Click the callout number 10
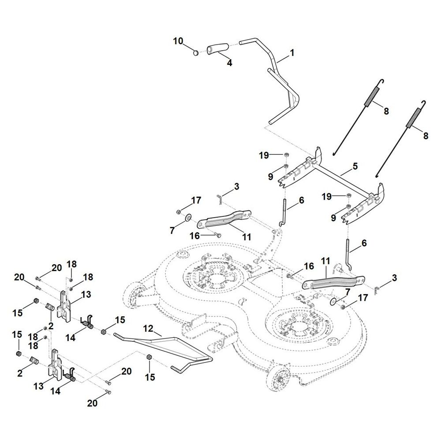pyautogui.click(x=178, y=41)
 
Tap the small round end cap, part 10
pyautogui.click(x=196, y=53)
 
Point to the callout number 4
pyautogui.click(x=229, y=63)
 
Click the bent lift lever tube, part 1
pyautogui.click(x=276, y=71)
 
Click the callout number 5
pyautogui.click(x=355, y=166)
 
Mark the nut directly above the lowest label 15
pyautogui.click(x=149, y=356)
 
